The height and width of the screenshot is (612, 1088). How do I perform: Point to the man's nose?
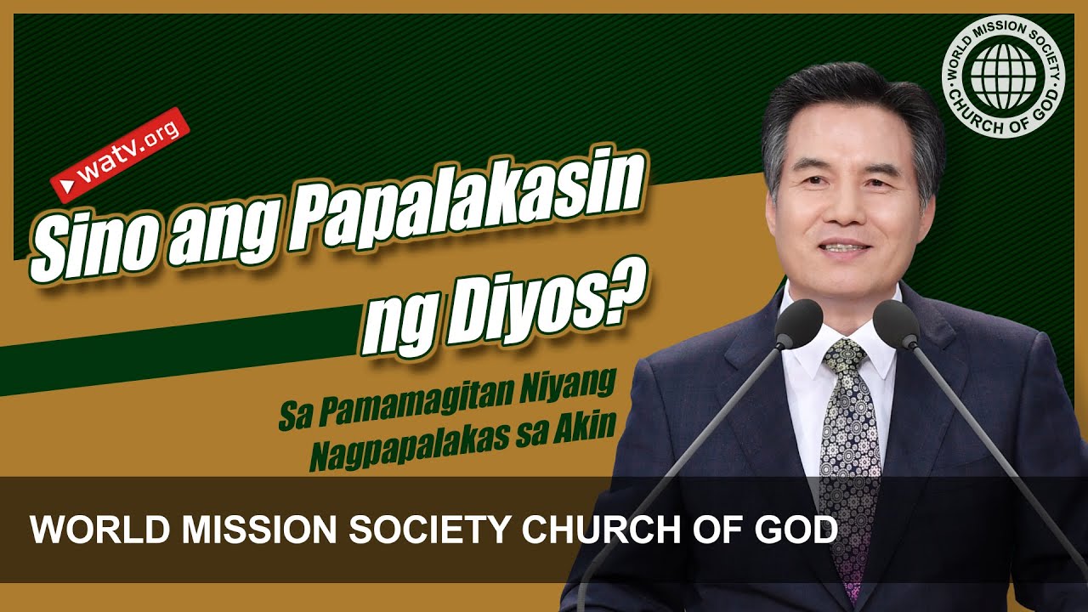coord(838,212)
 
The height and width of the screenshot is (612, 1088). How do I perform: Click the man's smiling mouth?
coord(843,248)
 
